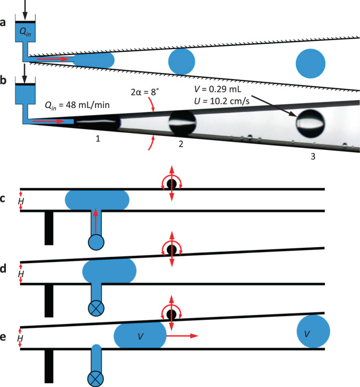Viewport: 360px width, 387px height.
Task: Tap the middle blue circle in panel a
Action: pyautogui.click(x=182, y=61)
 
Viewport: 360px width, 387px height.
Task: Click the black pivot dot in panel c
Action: pyautogui.click(x=171, y=185)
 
